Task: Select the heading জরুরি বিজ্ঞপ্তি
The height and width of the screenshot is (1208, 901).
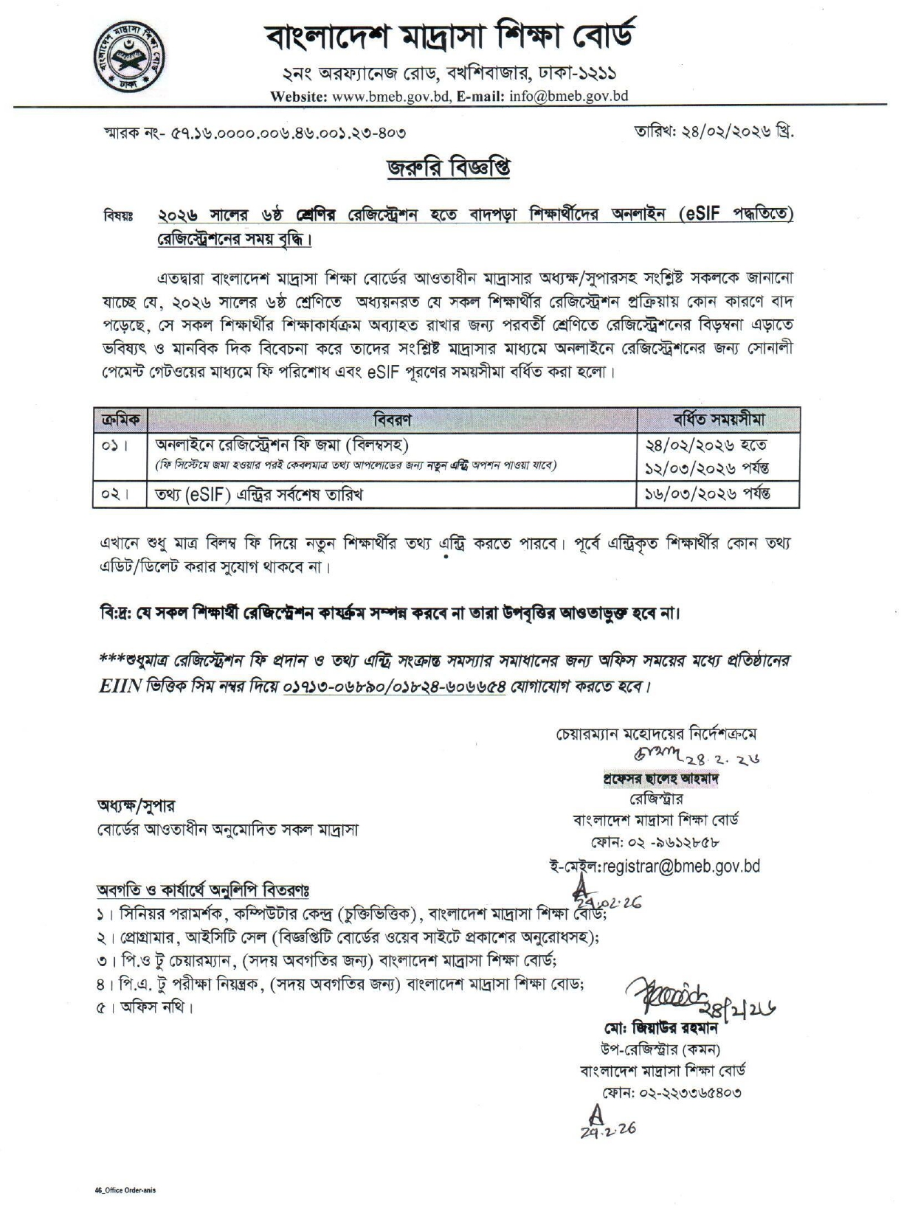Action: (449, 167)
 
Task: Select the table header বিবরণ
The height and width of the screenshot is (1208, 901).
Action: (392, 420)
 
